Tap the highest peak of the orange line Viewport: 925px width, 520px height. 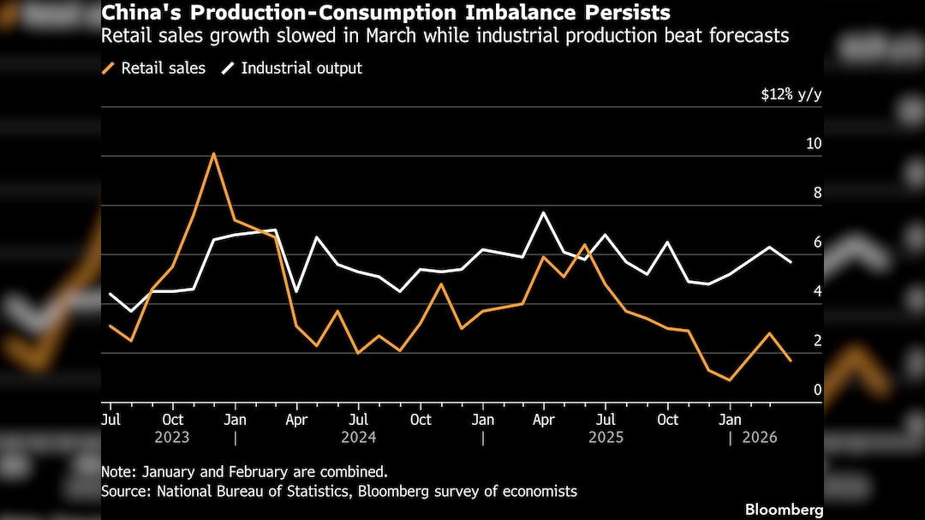coord(213,153)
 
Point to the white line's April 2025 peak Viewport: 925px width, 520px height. coord(543,212)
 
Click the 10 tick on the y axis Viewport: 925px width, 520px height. coord(813,143)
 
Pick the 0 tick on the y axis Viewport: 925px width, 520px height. coord(817,390)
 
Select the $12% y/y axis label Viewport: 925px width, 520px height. coord(791,95)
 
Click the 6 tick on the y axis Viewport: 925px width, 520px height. coord(817,242)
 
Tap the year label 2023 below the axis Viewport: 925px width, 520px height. coord(172,437)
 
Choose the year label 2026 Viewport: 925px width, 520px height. coord(759,437)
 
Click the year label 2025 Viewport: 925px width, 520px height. coord(605,437)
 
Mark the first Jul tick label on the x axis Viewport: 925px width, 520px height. coord(110,420)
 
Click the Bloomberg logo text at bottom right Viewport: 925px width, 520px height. coord(784,510)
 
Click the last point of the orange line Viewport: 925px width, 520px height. coord(790,361)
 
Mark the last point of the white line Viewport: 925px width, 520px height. coord(790,261)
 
